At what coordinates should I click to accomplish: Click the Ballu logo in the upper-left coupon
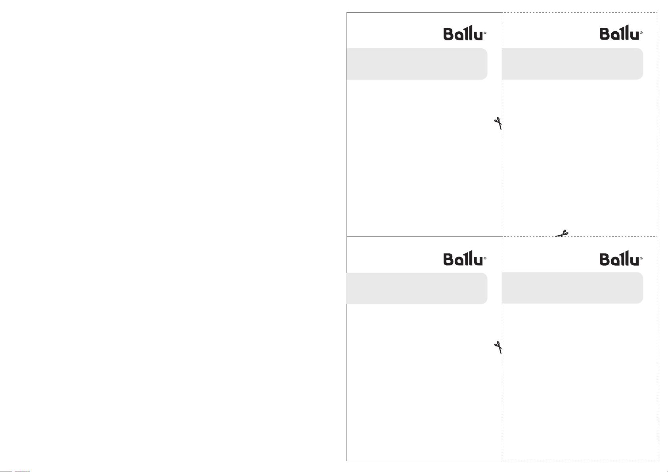coord(465,33)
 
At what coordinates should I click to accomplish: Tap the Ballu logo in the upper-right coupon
coord(621,32)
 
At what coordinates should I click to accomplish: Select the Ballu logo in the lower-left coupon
coord(465,258)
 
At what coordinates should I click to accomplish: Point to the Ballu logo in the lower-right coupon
coord(621,258)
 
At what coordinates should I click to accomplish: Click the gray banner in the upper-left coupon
coord(417,64)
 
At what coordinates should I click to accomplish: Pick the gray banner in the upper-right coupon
coord(572,64)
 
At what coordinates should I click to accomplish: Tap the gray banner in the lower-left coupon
coord(417,289)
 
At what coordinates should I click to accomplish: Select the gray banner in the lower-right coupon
coord(572,288)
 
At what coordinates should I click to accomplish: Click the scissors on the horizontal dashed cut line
coord(562,234)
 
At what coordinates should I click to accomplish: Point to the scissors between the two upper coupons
coord(498,123)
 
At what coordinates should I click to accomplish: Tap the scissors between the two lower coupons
coord(498,348)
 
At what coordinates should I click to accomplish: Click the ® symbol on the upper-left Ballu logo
coord(485,33)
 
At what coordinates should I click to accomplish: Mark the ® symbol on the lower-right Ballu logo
coord(641,258)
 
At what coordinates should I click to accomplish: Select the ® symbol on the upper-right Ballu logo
coord(641,33)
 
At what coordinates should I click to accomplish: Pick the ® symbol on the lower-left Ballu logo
coord(485,258)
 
